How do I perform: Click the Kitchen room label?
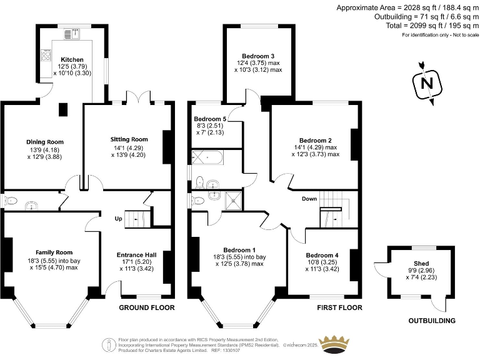pyautogui.click(x=72, y=60)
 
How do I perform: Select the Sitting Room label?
pyautogui.click(x=129, y=139)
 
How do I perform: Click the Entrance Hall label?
pyautogui.click(x=136, y=255)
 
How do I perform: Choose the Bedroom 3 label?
pyautogui.click(x=259, y=56)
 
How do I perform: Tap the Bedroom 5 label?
pyautogui.click(x=210, y=119)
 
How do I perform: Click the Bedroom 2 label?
pyautogui.click(x=315, y=140)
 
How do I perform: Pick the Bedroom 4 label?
pyautogui.click(x=322, y=255)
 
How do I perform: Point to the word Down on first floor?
pyautogui.click(x=309, y=199)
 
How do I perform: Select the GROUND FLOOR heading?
pyautogui.click(x=147, y=307)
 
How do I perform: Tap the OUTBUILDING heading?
pyautogui.click(x=431, y=321)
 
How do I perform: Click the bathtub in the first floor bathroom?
pyautogui.click(x=207, y=156)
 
